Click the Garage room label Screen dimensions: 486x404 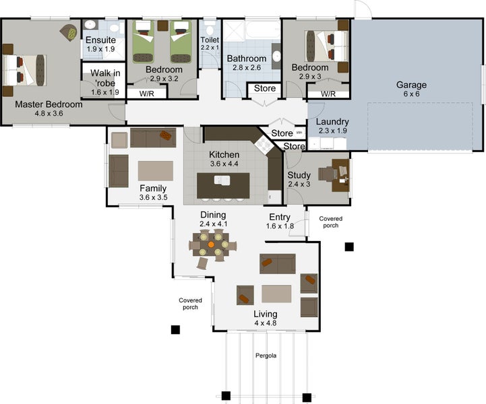tap(411, 85)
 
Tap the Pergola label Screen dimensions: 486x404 tap(266, 356)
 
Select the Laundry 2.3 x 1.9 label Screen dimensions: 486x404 tap(332, 126)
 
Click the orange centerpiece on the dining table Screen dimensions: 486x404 tap(211, 244)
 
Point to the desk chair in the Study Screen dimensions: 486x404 tap(328, 174)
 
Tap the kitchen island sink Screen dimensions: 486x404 tap(222, 180)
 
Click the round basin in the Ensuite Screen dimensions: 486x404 tap(90, 25)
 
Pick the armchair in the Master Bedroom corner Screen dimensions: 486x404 tap(69, 32)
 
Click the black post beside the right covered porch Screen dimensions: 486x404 tap(349, 246)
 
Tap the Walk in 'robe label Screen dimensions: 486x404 tap(105, 78)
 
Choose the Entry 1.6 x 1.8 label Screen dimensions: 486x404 tap(280, 222)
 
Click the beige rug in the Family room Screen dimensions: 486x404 tap(156, 170)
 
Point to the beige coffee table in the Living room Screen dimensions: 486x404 tap(276, 294)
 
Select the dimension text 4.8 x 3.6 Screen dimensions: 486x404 tap(49, 114)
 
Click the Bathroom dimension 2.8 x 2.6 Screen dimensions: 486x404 tap(247, 68)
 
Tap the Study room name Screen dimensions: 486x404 tap(299, 175)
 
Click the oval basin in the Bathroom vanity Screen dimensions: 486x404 tap(276, 57)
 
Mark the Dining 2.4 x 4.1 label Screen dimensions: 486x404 tap(213, 220)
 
